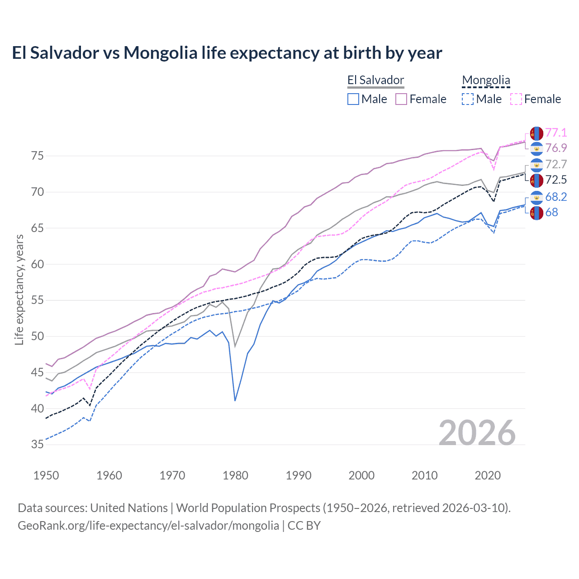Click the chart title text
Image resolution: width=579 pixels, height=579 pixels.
(227, 53)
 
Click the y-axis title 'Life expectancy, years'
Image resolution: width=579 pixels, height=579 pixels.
(19, 289)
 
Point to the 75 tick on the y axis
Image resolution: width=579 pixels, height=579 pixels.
(38, 156)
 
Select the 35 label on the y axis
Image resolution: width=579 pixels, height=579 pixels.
(38, 445)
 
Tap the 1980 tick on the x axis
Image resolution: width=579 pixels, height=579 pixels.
(235, 475)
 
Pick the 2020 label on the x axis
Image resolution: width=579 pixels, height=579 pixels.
(488, 475)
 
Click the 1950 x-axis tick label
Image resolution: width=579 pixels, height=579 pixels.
(46, 475)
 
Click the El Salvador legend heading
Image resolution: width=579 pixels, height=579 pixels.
(375, 80)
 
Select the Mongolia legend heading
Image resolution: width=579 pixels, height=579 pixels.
(486, 80)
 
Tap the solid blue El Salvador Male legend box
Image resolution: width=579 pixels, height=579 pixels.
(353, 99)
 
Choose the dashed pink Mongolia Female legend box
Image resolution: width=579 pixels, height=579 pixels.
(516, 99)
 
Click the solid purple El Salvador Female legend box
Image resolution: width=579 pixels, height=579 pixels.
(401, 99)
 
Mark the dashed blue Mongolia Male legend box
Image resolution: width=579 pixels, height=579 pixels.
(468, 99)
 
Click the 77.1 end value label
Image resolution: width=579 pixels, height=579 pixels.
(556, 133)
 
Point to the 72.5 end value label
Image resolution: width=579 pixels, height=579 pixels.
(556, 180)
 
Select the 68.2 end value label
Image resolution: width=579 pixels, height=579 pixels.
(556, 197)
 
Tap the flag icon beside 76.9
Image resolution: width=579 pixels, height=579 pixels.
(536, 148)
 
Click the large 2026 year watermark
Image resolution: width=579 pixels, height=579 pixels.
(477, 433)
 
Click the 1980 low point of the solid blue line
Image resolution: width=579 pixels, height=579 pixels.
(235, 400)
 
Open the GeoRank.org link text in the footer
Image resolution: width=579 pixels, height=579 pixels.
(148, 526)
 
